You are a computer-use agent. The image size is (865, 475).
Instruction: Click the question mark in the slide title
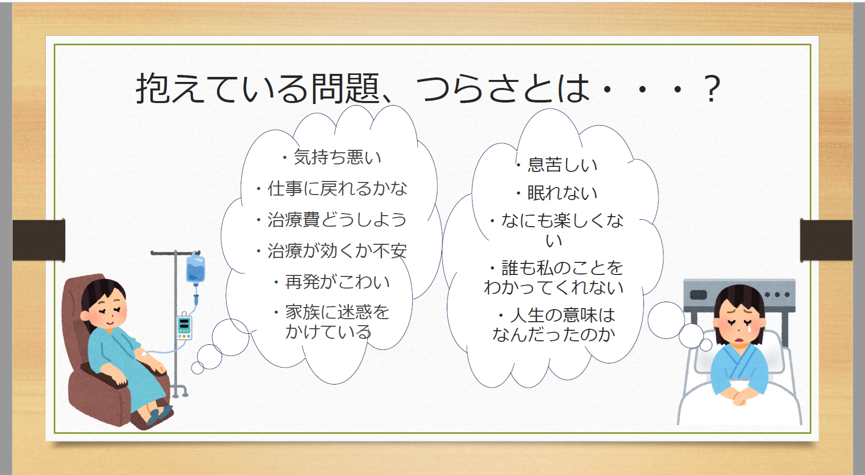(x=712, y=88)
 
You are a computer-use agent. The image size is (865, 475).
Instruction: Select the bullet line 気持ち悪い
(x=332, y=157)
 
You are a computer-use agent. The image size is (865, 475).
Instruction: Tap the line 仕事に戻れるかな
(x=332, y=188)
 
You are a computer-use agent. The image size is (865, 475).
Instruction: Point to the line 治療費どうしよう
(x=332, y=220)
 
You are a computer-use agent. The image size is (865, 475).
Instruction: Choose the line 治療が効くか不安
(x=332, y=251)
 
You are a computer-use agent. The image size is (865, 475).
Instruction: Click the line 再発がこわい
(x=332, y=282)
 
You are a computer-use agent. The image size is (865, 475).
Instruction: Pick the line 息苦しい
(x=557, y=165)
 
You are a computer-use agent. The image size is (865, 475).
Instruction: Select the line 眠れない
(x=557, y=193)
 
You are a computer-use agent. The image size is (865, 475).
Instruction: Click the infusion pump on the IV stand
(x=184, y=327)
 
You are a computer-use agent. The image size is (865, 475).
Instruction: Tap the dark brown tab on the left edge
(x=39, y=240)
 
